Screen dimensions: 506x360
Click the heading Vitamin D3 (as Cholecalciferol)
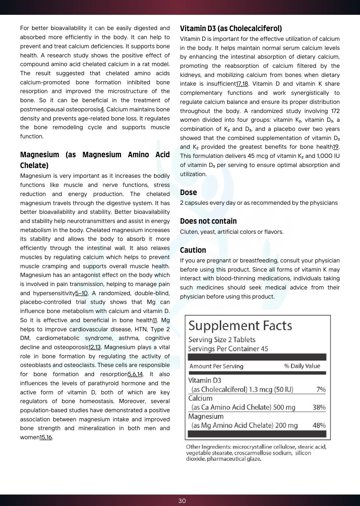[x=231, y=28]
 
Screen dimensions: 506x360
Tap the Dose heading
[x=188, y=192]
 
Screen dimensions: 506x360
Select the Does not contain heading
[x=208, y=221]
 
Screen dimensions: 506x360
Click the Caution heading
[x=193, y=250]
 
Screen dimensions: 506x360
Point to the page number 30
[x=182, y=501]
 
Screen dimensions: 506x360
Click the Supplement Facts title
[x=240, y=326]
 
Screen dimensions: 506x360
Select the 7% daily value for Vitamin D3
[x=321, y=389]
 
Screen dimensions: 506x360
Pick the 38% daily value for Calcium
[x=319, y=407]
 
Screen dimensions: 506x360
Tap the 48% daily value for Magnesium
[x=319, y=425]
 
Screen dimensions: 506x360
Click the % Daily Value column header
[x=302, y=366]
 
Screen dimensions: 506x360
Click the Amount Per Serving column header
[x=216, y=366]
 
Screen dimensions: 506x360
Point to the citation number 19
[x=336, y=147]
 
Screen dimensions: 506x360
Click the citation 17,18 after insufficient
[x=242, y=84]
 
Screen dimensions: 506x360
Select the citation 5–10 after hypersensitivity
[x=81, y=293]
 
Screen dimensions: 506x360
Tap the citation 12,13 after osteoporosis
[x=94, y=347]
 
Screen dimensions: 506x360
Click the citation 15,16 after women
[x=46, y=437]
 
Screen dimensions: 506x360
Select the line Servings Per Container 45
[x=228, y=349]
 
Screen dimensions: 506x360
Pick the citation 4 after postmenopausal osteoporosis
[x=102, y=109]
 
